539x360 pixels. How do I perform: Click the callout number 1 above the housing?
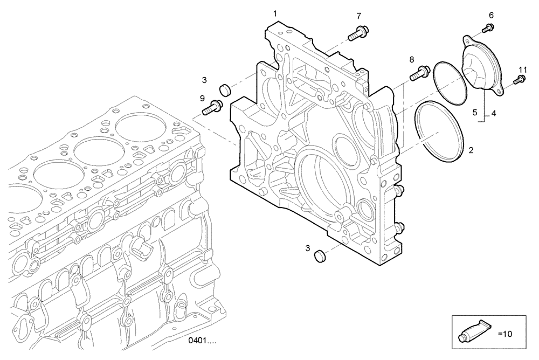275,13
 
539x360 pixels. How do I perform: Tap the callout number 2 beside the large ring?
471,150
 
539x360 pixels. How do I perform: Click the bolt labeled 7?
356,34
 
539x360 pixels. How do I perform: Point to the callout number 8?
411,59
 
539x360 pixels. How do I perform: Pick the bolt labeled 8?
419,72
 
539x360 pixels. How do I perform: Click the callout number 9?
202,98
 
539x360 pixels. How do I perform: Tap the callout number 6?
491,14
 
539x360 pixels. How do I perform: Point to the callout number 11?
522,70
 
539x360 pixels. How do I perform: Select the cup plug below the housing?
319,254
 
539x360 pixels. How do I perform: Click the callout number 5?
475,113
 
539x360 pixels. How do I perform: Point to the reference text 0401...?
202,341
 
